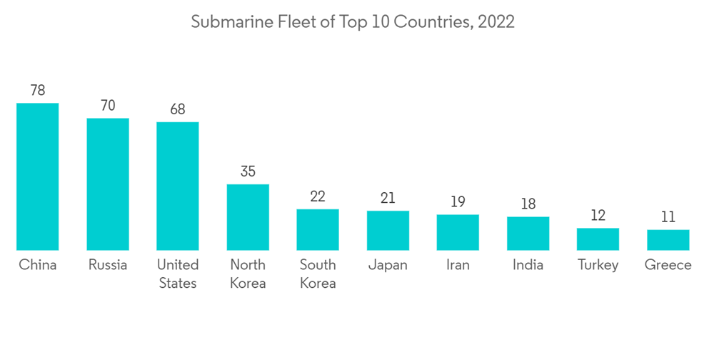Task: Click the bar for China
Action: [38, 176]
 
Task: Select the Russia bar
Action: [108, 184]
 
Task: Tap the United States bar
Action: [178, 186]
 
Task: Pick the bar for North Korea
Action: [248, 217]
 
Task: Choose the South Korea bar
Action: [318, 229]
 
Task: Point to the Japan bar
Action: [388, 230]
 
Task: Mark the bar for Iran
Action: [458, 232]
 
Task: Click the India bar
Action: [528, 233]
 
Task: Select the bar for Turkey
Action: [598, 239]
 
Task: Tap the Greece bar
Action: [668, 239]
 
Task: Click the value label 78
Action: [38, 91]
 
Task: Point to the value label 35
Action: [248, 171]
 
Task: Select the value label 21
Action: [388, 198]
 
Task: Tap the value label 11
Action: [668, 217]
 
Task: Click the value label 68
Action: [178, 109]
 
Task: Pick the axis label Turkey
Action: [598, 265]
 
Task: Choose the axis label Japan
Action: [388, 265]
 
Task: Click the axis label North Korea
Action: [248, 274]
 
